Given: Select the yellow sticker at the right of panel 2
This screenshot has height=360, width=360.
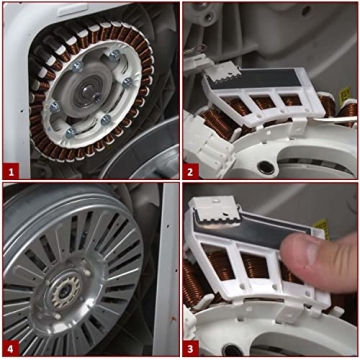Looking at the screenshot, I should [350, 100].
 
